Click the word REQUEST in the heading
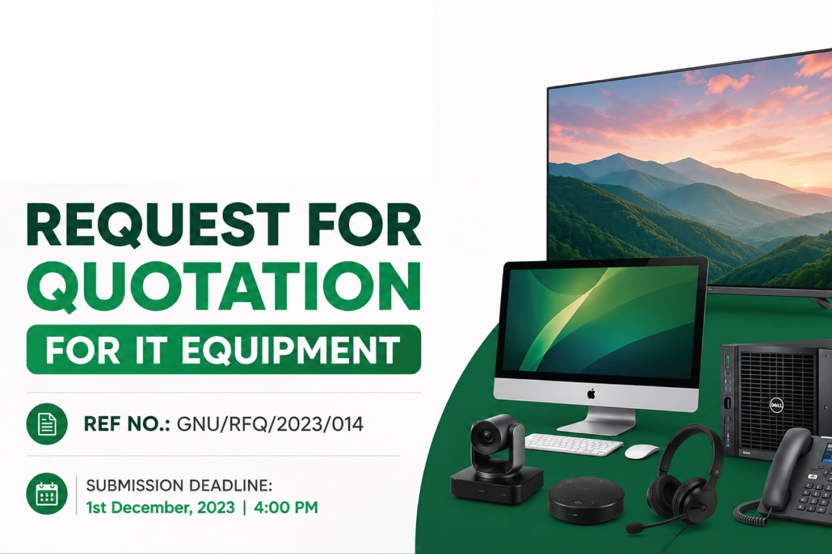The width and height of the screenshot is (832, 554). point(158,225)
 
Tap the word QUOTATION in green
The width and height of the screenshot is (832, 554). point(224,286)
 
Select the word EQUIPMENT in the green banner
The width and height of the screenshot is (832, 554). point(290,350)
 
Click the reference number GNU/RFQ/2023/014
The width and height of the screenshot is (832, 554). point(270,425)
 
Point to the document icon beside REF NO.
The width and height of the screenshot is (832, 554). point(47,424)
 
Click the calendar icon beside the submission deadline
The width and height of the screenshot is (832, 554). point(47,493)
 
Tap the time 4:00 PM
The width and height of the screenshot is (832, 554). point(286,507)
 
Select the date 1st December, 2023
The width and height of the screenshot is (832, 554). point(160,507)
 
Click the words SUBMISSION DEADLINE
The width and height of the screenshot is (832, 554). point(179,486)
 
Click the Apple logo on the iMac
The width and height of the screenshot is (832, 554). point(591,394)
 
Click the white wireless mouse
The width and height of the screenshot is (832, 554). point(641,452)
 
